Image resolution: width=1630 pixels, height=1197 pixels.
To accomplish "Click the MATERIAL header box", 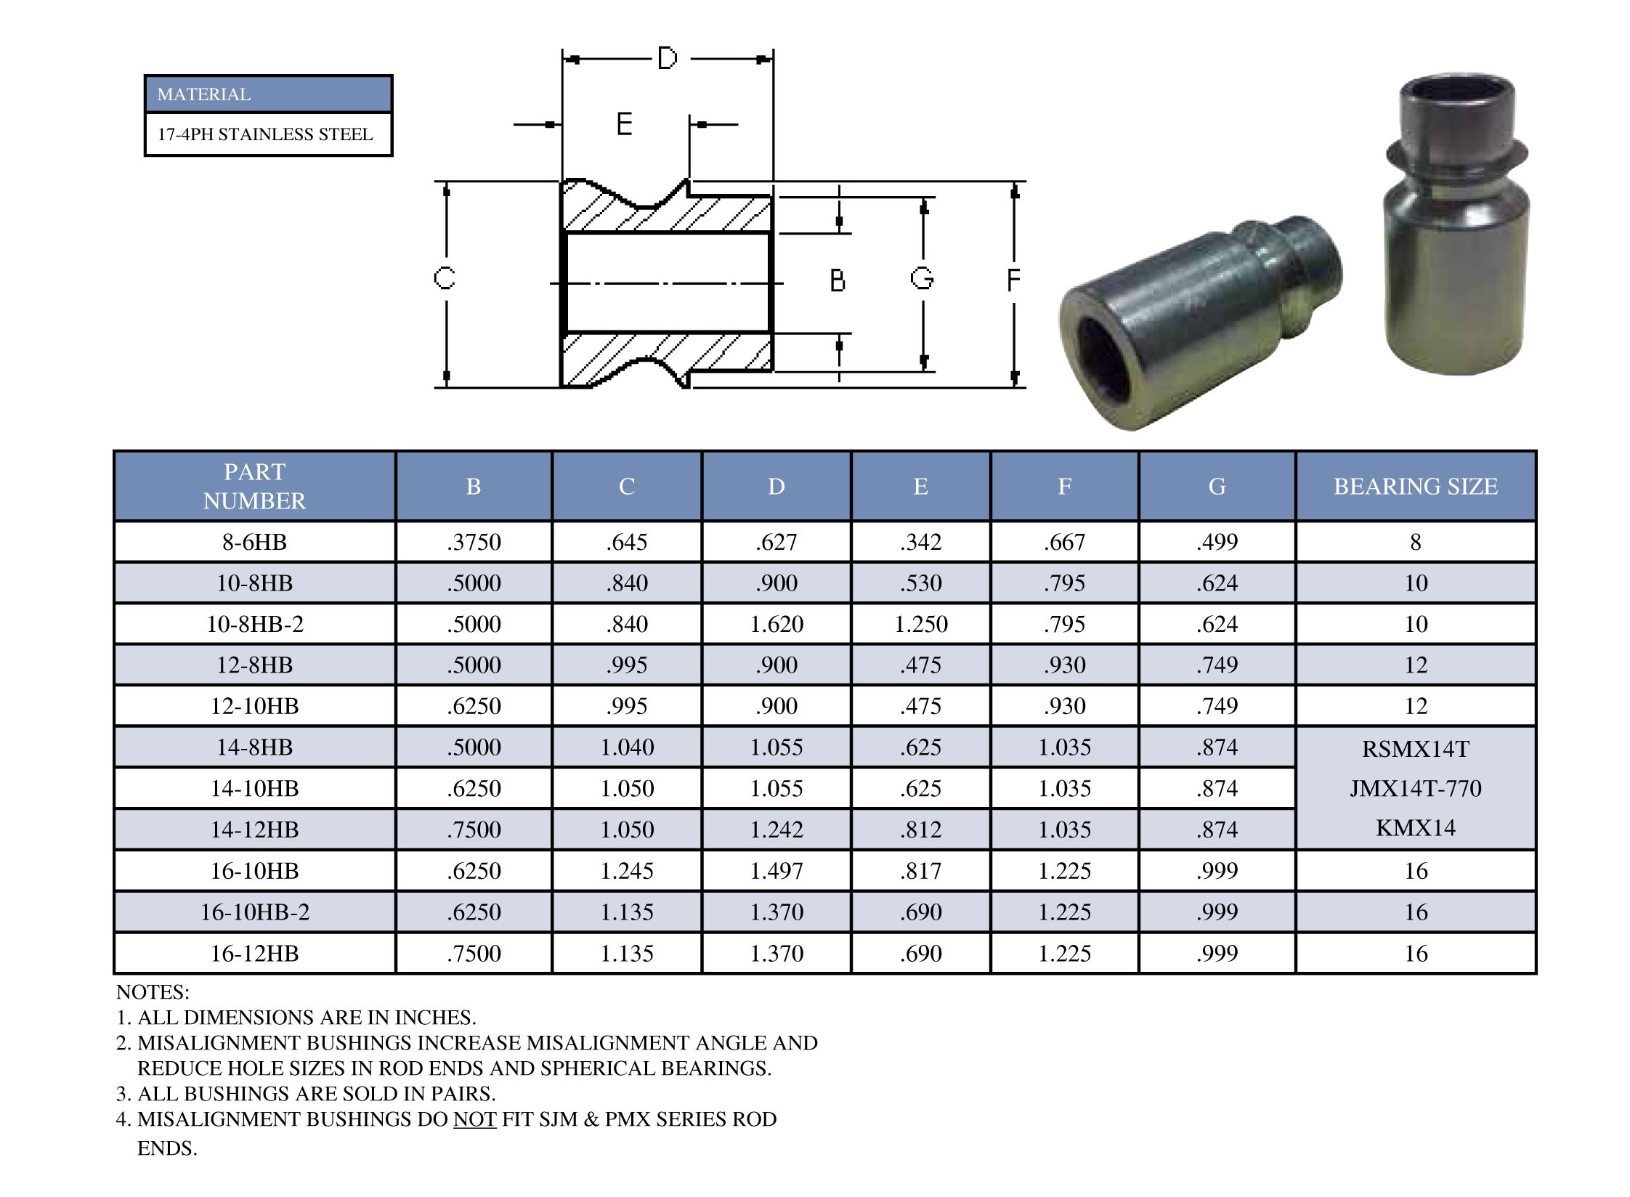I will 268,94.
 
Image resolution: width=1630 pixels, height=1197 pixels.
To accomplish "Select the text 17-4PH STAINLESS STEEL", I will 265,134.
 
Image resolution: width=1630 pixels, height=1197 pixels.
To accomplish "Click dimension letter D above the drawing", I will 667,58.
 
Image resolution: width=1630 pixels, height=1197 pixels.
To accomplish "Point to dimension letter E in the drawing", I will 624,124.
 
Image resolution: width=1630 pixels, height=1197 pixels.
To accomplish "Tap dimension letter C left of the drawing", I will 444,278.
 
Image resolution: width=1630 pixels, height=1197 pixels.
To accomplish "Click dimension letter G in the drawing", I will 922,278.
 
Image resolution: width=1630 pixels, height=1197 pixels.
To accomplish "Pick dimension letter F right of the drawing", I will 1013,280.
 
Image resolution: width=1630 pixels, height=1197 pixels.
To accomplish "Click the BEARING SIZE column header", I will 1415,486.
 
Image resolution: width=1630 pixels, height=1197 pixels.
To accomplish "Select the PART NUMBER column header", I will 254,486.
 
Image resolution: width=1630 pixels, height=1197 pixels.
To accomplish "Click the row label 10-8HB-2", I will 254,624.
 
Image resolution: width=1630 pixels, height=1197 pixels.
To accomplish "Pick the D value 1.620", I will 776,624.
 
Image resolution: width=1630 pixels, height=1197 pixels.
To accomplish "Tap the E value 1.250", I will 920,624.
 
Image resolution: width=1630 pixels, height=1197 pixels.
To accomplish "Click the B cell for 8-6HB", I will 474,542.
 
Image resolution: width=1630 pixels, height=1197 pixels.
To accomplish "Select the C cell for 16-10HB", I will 626,871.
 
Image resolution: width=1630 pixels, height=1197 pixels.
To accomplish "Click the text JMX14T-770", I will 1415,788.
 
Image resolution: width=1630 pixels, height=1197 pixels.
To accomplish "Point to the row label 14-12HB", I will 254,829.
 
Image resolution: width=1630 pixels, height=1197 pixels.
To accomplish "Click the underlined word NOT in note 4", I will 474,1119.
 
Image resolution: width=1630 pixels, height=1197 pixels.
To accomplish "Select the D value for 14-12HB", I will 776,829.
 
